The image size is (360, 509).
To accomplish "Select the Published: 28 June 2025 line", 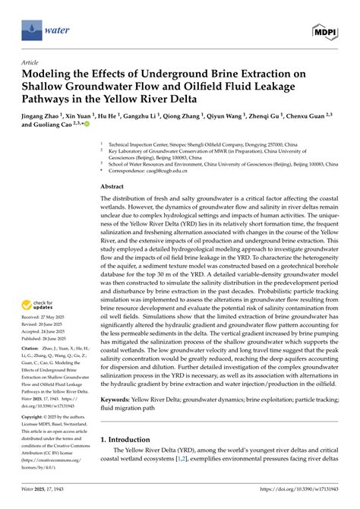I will coord(53,334).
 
